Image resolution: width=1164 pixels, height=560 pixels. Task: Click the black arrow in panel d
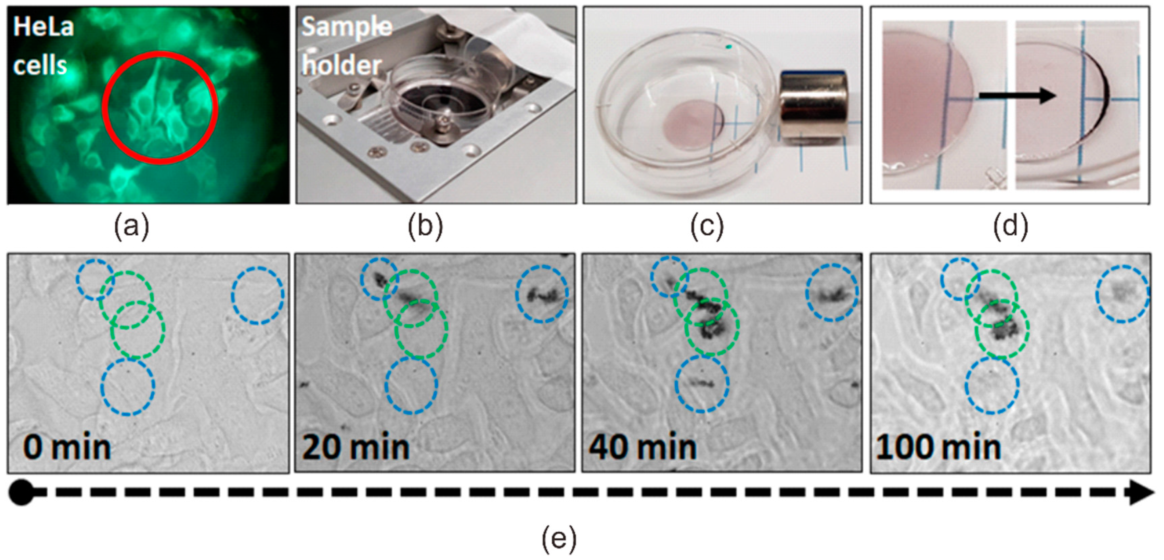(1017, 96)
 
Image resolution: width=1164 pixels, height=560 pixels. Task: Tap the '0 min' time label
(67, 448)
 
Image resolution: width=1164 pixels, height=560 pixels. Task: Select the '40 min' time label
(642, 448)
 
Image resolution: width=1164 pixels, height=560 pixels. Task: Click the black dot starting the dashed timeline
(21, 493)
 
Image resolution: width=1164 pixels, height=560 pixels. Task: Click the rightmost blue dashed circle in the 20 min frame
(542, 293)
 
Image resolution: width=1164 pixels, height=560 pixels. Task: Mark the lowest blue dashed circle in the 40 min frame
(702, 384)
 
